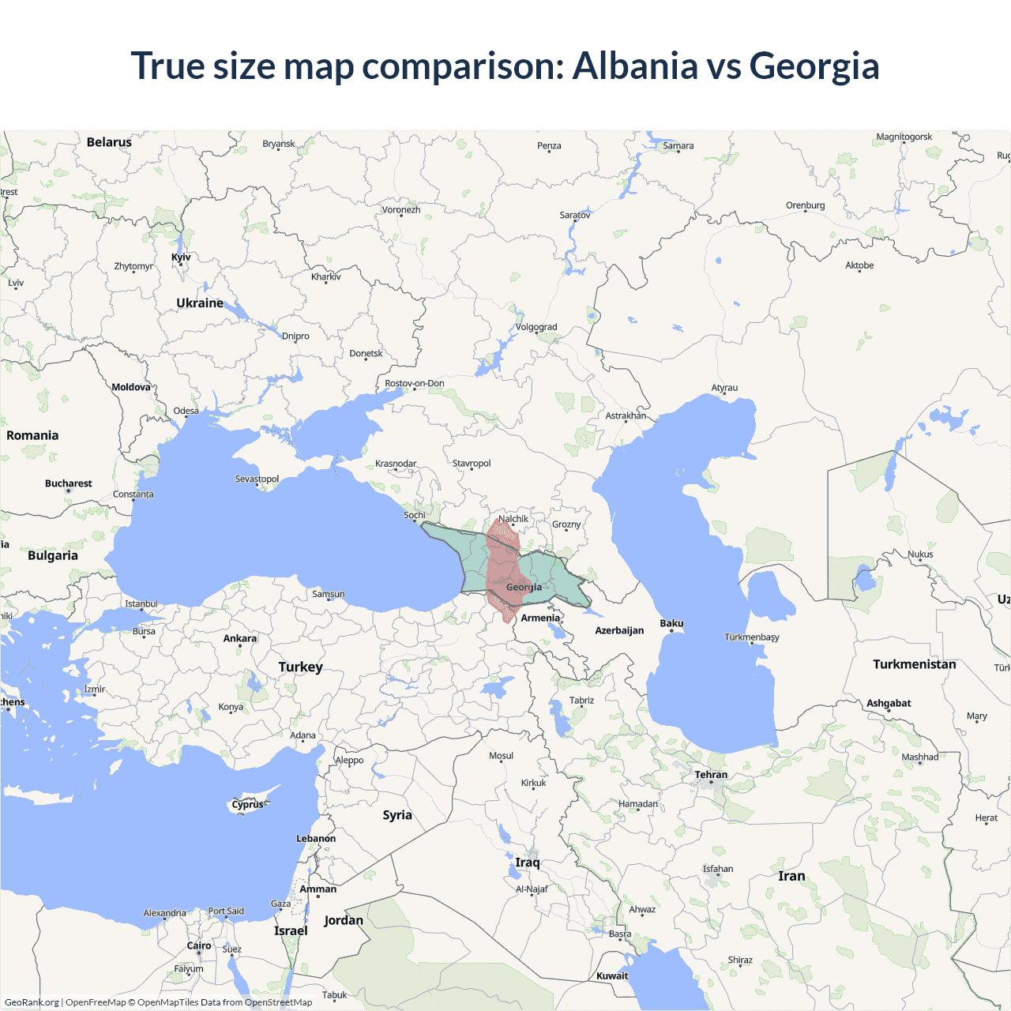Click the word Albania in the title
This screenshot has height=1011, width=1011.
635,66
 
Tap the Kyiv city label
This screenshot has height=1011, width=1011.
181,257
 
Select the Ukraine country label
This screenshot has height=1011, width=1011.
200,303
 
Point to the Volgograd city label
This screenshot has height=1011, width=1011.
536,327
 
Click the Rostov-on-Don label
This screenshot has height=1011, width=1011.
415,384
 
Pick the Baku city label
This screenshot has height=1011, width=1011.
671,624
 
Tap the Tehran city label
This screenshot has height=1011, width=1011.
711,775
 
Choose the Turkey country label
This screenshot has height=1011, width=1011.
300,667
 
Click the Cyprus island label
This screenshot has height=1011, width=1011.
247,805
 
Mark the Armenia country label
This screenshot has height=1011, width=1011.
540,618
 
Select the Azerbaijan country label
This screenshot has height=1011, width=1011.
619,631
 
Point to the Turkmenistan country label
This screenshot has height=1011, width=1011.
914,664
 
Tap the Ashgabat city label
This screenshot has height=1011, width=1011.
889,704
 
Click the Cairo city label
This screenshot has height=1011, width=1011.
199,945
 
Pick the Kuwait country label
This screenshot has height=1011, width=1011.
612,976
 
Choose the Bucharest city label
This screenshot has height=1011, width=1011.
68,483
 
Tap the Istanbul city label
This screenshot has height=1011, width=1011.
141,604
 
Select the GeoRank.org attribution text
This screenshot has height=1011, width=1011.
32,1002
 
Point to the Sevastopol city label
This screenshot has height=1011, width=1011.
257,479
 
